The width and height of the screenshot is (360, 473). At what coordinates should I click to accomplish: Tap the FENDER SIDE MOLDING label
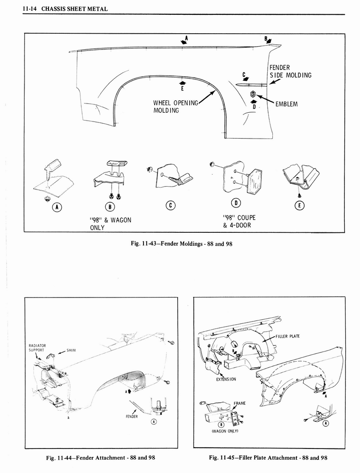[x=290, y=72]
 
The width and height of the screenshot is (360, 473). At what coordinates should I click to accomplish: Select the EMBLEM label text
[x=286, y=104]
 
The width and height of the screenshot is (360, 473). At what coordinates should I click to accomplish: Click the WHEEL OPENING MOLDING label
[x=175, y=106]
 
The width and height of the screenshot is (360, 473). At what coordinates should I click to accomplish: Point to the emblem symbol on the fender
[x=253, y=94]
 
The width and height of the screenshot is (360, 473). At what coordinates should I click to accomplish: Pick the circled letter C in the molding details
[x=170, y=206]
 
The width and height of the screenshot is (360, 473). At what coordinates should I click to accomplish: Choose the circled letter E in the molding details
[x=299, y=206]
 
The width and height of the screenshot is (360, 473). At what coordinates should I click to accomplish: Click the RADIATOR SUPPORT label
[x=36, y=348]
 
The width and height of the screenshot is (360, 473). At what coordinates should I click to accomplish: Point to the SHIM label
[x=71, y=350]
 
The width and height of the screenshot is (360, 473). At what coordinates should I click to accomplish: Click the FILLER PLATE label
[x=288, y=336]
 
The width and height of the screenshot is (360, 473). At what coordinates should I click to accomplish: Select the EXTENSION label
[x=226, y=379]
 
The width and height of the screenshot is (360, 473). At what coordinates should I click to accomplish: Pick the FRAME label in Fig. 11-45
[x=240, y=403]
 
